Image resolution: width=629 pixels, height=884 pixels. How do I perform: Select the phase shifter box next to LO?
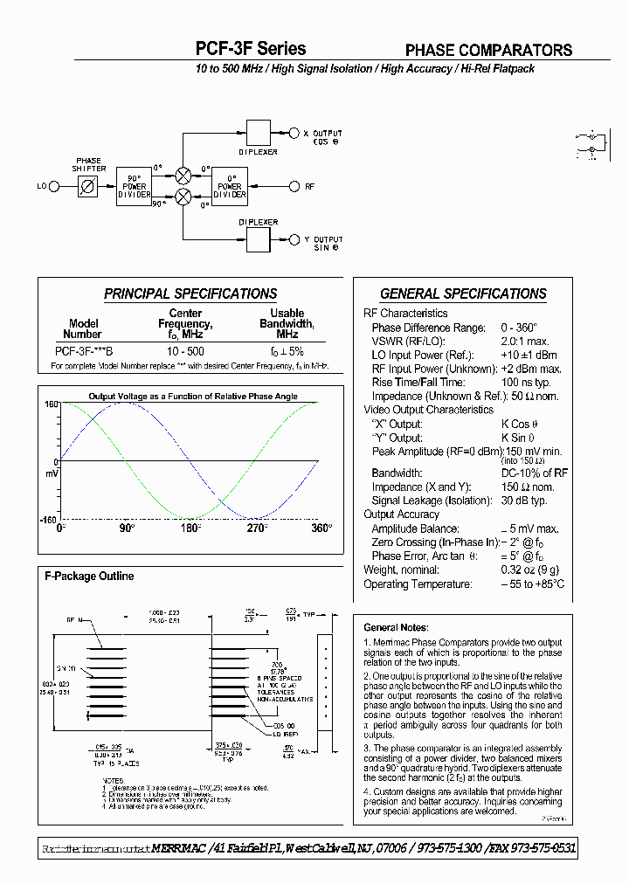tap(88, 186)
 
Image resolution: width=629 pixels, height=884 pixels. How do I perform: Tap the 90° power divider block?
tap(134, 186)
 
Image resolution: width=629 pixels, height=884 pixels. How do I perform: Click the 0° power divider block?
tap(230, 186)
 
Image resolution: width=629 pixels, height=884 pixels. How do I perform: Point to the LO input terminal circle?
tap(53, 186)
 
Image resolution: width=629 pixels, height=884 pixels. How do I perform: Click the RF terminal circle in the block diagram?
tap(294, 186)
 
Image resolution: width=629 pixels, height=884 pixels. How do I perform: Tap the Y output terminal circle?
tap(294, 239)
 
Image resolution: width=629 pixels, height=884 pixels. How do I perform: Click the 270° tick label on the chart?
tap(255, 528)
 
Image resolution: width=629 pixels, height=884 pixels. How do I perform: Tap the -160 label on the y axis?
tap(50, 519)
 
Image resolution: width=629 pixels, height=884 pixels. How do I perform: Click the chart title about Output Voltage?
tap(193, 396)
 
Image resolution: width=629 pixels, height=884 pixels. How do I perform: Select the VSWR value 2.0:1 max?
tap(524, 342)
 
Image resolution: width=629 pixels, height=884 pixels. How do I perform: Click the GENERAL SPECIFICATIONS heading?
tap(463, 294)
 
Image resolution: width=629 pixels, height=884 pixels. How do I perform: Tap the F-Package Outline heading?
tap(89, 577)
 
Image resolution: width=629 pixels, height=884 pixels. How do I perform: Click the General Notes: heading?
tap(396, 627)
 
